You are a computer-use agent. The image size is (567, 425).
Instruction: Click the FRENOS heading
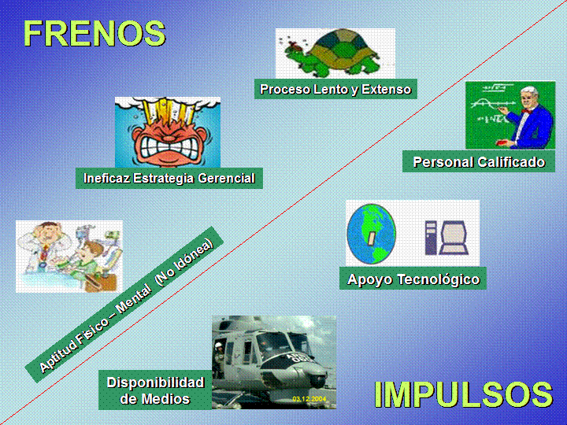click(94, 33)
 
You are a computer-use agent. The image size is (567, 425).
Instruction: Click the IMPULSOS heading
click(463, 394)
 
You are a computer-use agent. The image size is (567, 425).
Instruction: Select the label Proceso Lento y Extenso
click(335, 89)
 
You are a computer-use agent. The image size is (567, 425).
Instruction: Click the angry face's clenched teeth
click(169, 148)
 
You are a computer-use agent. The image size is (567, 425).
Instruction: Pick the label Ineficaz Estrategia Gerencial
click(169, 178)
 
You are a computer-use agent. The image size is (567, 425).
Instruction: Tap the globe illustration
click(372, 234)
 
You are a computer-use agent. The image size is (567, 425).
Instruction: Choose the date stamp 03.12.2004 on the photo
click(309, 399)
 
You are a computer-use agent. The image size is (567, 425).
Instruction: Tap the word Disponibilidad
click(155, 382)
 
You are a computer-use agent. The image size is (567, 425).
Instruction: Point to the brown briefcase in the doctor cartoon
click(102, 283)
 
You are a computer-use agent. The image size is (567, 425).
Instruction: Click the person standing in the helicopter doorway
click(218, 359)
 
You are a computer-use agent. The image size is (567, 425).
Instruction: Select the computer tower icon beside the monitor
click(431, 238)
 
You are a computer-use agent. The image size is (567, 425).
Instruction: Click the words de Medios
click(155, 399)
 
